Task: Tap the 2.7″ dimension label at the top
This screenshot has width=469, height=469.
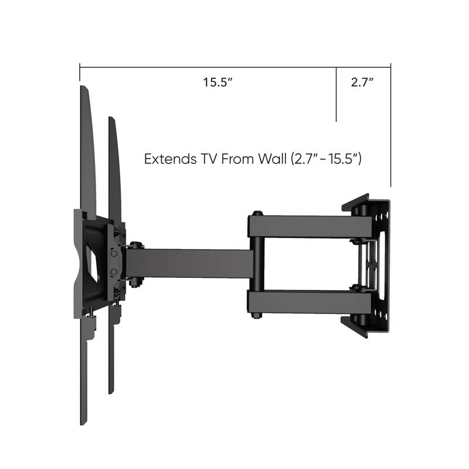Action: pyautogui.click(x=362, y=83)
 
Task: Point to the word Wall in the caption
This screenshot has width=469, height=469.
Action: pyautogui.click(x=265, y=159)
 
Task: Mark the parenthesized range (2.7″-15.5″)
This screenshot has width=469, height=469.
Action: pyautogui.click(x=327, y=159)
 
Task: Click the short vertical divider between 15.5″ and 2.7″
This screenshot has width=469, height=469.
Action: pyautogui.click(x=336, y=94)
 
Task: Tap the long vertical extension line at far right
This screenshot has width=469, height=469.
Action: pyautogui.click(x=390, y=129)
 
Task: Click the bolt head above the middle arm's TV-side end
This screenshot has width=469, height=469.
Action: pyautogui.click(x=135, y=244)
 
